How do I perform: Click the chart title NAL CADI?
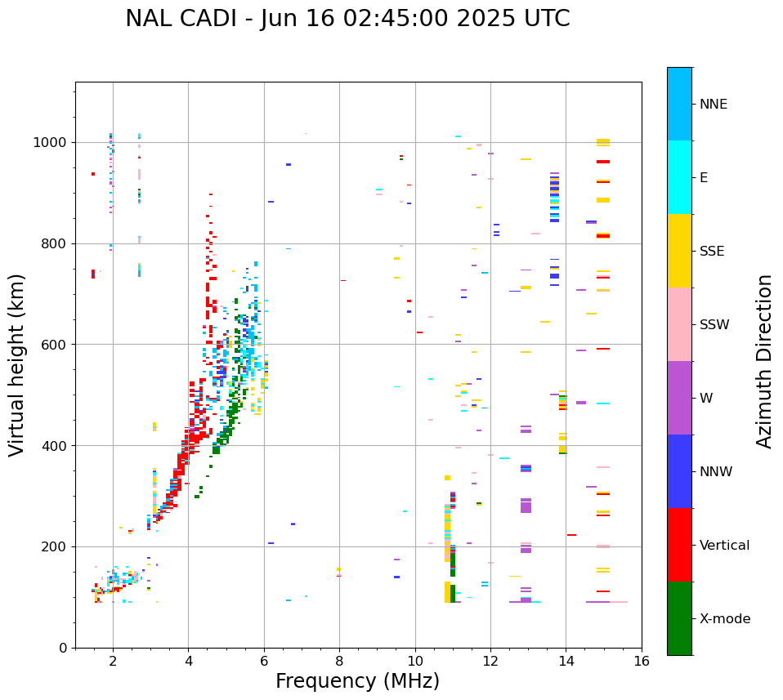pyautogui.click(x=347, y=19)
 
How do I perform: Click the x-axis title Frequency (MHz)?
pyautogui.click(x=357, y=681)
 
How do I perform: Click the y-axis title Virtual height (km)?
pyautogui.click(x=17, y=364)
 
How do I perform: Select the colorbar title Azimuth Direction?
pyautogui.click(x=764, y=360)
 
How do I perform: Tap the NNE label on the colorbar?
pyautogui.click(x=713, y=105)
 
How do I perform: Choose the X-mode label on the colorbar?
pyautogui.click(x=724, y=619)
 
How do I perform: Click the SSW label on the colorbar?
pyautogui.click(x=714, y=325)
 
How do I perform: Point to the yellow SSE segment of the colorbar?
pyautogui.click(x=679, y=251)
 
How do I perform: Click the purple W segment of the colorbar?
pyautogui.click(x=679, y=398)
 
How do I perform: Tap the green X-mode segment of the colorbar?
pyautogui.click(x=679, y=618)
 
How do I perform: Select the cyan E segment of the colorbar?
pyautogui.click(x=679, y=177)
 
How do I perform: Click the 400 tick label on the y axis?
pyautogui.click(x=57, y=446)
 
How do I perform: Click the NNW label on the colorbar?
pyautogui.click(x=715, y=472)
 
